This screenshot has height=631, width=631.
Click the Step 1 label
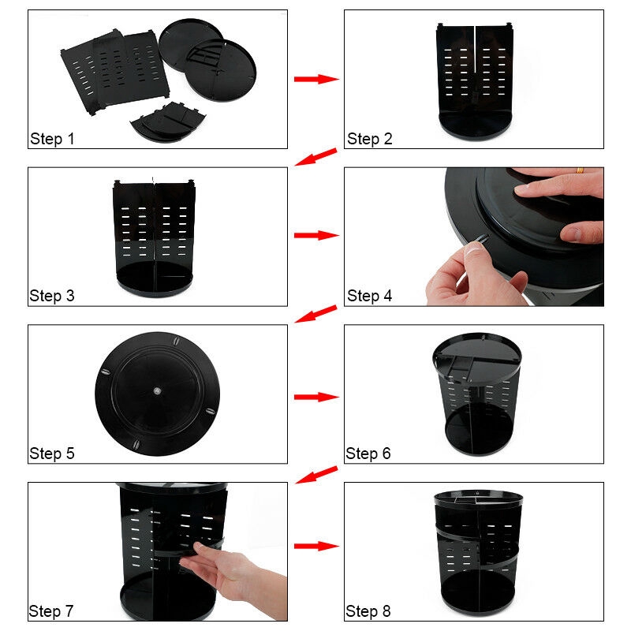coord(52,139)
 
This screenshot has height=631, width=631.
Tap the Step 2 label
coord(369,139)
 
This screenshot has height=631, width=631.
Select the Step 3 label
coord(52,296)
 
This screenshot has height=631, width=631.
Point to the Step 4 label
coord(369,296)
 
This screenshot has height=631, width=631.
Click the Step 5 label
coord(52,454)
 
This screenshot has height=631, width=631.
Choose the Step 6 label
coord(368,454)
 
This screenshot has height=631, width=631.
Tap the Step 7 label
coord(51,611)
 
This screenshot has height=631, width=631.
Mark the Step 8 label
coord(368,611)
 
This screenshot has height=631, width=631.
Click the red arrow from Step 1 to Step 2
coord(316,79)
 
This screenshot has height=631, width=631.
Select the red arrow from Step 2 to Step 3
coord(316,156)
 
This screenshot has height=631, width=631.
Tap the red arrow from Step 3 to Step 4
coord(316,235)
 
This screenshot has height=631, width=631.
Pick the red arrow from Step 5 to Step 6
coord(316,398)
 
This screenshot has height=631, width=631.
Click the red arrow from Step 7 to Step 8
coord(316,546)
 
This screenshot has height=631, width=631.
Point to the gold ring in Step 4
coord(580,170)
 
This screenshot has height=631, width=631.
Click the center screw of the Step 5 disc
coord(157,390)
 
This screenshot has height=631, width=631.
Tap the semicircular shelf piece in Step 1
coord(168,122)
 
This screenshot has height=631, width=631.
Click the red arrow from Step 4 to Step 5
coord(316,314)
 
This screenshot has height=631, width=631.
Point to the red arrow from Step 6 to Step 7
coord(316,475)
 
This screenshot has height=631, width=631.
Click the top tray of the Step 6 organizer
coord(477,358)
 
